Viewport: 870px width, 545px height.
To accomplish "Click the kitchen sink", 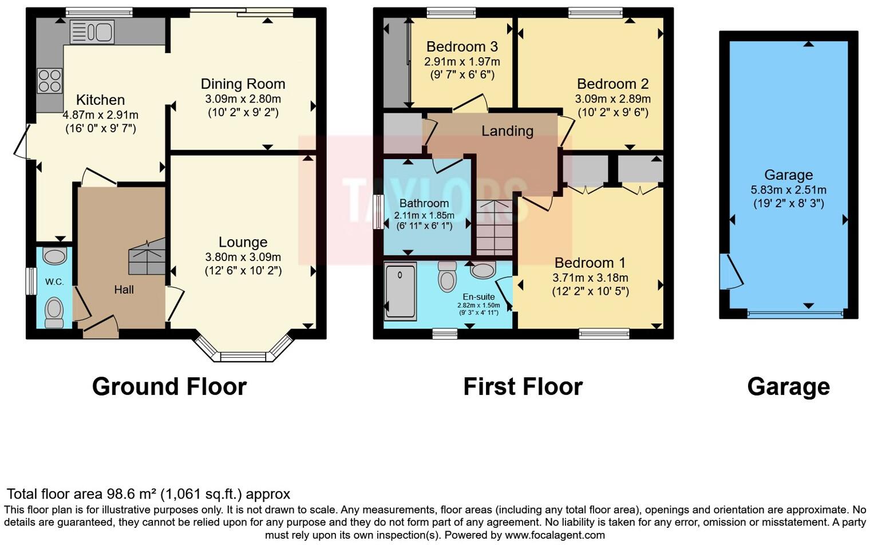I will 92,31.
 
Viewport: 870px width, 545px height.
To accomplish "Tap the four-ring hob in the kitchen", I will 49,81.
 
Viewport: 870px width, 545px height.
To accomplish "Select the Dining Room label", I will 243,84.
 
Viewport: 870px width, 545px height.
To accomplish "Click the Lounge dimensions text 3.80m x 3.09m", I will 243,257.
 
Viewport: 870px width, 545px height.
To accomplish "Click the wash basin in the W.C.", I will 55,256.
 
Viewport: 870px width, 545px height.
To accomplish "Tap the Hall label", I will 124,290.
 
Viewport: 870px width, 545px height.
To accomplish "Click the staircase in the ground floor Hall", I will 147,257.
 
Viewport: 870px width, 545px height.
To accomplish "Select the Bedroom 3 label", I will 462,47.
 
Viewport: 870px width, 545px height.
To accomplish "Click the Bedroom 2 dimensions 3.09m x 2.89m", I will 612,98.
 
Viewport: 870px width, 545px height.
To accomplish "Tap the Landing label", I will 507,131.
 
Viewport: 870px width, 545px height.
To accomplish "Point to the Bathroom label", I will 424,203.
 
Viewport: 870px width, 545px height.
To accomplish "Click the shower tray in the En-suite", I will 400,291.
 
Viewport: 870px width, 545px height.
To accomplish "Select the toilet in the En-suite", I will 447,277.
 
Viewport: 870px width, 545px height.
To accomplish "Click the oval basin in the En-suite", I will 483,270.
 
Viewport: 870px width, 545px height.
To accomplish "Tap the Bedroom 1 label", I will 590,263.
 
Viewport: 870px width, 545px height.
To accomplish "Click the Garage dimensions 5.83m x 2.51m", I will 788,190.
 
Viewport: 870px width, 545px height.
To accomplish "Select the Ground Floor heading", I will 169,387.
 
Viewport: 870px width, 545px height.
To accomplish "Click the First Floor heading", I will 523,387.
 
